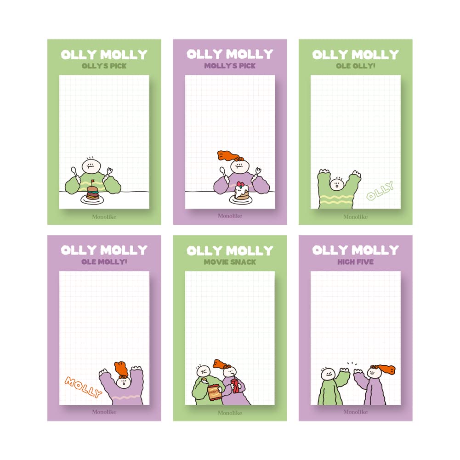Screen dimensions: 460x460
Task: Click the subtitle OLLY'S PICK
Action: [x=104, y=66]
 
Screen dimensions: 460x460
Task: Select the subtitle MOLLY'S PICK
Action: [x=230, y=66]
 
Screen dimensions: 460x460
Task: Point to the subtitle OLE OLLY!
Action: [x=355, y=66]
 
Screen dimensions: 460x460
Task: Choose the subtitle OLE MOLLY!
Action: [x=104, y=262]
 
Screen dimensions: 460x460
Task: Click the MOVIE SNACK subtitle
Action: [x=230, y=262]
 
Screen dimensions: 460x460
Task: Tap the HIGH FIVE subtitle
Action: [x=355, y=262]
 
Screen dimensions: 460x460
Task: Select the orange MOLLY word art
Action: [x=83, y=387]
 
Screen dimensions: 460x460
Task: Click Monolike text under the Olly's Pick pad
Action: [x=104, y=216]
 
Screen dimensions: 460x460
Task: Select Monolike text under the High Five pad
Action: [x=355, y=412]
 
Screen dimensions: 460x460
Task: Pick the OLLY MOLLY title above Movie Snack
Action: [x=230, y=250]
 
